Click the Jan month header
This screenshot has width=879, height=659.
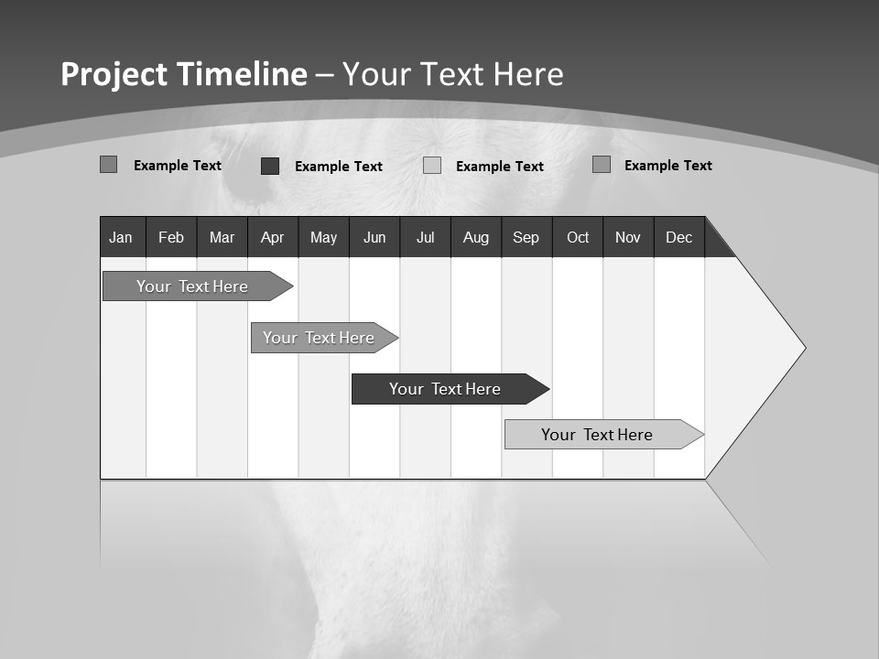click(x=121, y=237)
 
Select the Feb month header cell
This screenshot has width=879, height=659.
click(x=171, y=237)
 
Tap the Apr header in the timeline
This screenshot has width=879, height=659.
click(x=272, y=237)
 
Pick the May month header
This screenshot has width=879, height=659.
click(x=323, y=237)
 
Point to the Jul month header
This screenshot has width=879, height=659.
click(x=425, y=237)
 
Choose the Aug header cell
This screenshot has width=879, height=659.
click(x=476, y=237)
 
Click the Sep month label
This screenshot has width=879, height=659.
click(x=526, y=237)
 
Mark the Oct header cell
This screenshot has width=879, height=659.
click(x=578, y=237)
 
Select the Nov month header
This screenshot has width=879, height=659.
click(x=628, y=237)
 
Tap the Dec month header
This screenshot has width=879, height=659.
click(x=678, y=237)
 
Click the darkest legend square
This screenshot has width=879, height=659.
click(x=270, y=166)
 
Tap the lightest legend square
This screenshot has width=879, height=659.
click(x=432, y=166)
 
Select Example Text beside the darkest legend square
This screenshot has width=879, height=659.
click(x=338, y=167)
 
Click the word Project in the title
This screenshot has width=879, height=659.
click(x=113, y=75)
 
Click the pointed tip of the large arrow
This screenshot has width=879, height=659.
click(x=803, y=348)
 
